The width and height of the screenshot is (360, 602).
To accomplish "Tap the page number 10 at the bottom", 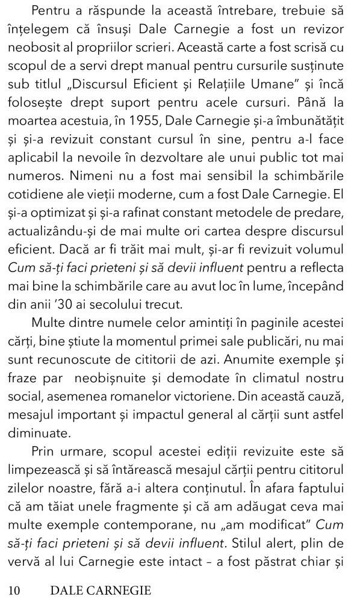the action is coord(13,588).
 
